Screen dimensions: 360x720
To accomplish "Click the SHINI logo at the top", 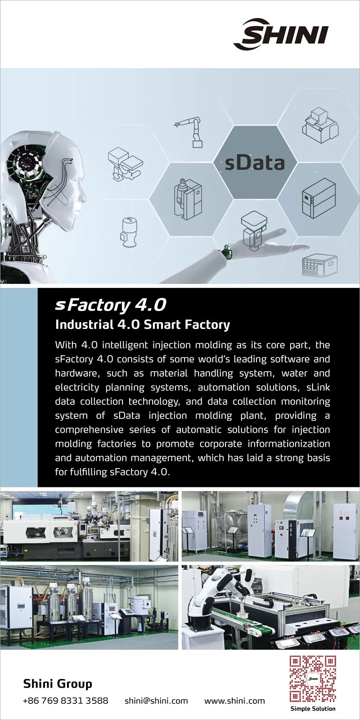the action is pos(281,34).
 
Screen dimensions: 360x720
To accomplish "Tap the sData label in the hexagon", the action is pos(255,163).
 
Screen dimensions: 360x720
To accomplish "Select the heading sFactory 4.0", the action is pos(111,305).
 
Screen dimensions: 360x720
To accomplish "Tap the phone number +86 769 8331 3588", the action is pos(66,701).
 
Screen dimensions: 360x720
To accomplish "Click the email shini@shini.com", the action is pos(156,701).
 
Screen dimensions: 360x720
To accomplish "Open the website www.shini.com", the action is pos(234,701).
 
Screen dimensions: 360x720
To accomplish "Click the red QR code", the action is pos(313,679).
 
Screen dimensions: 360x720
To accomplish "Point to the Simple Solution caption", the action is pos(313,708).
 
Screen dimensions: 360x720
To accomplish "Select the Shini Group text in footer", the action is pos(58,684).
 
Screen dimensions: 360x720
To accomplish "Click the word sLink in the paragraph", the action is pos(318,387).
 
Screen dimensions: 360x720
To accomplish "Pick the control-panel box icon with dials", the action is pos(320,265).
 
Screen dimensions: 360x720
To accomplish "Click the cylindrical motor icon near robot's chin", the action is pos(129,232).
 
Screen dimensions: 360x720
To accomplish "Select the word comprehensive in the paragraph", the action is pos(89,430).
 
